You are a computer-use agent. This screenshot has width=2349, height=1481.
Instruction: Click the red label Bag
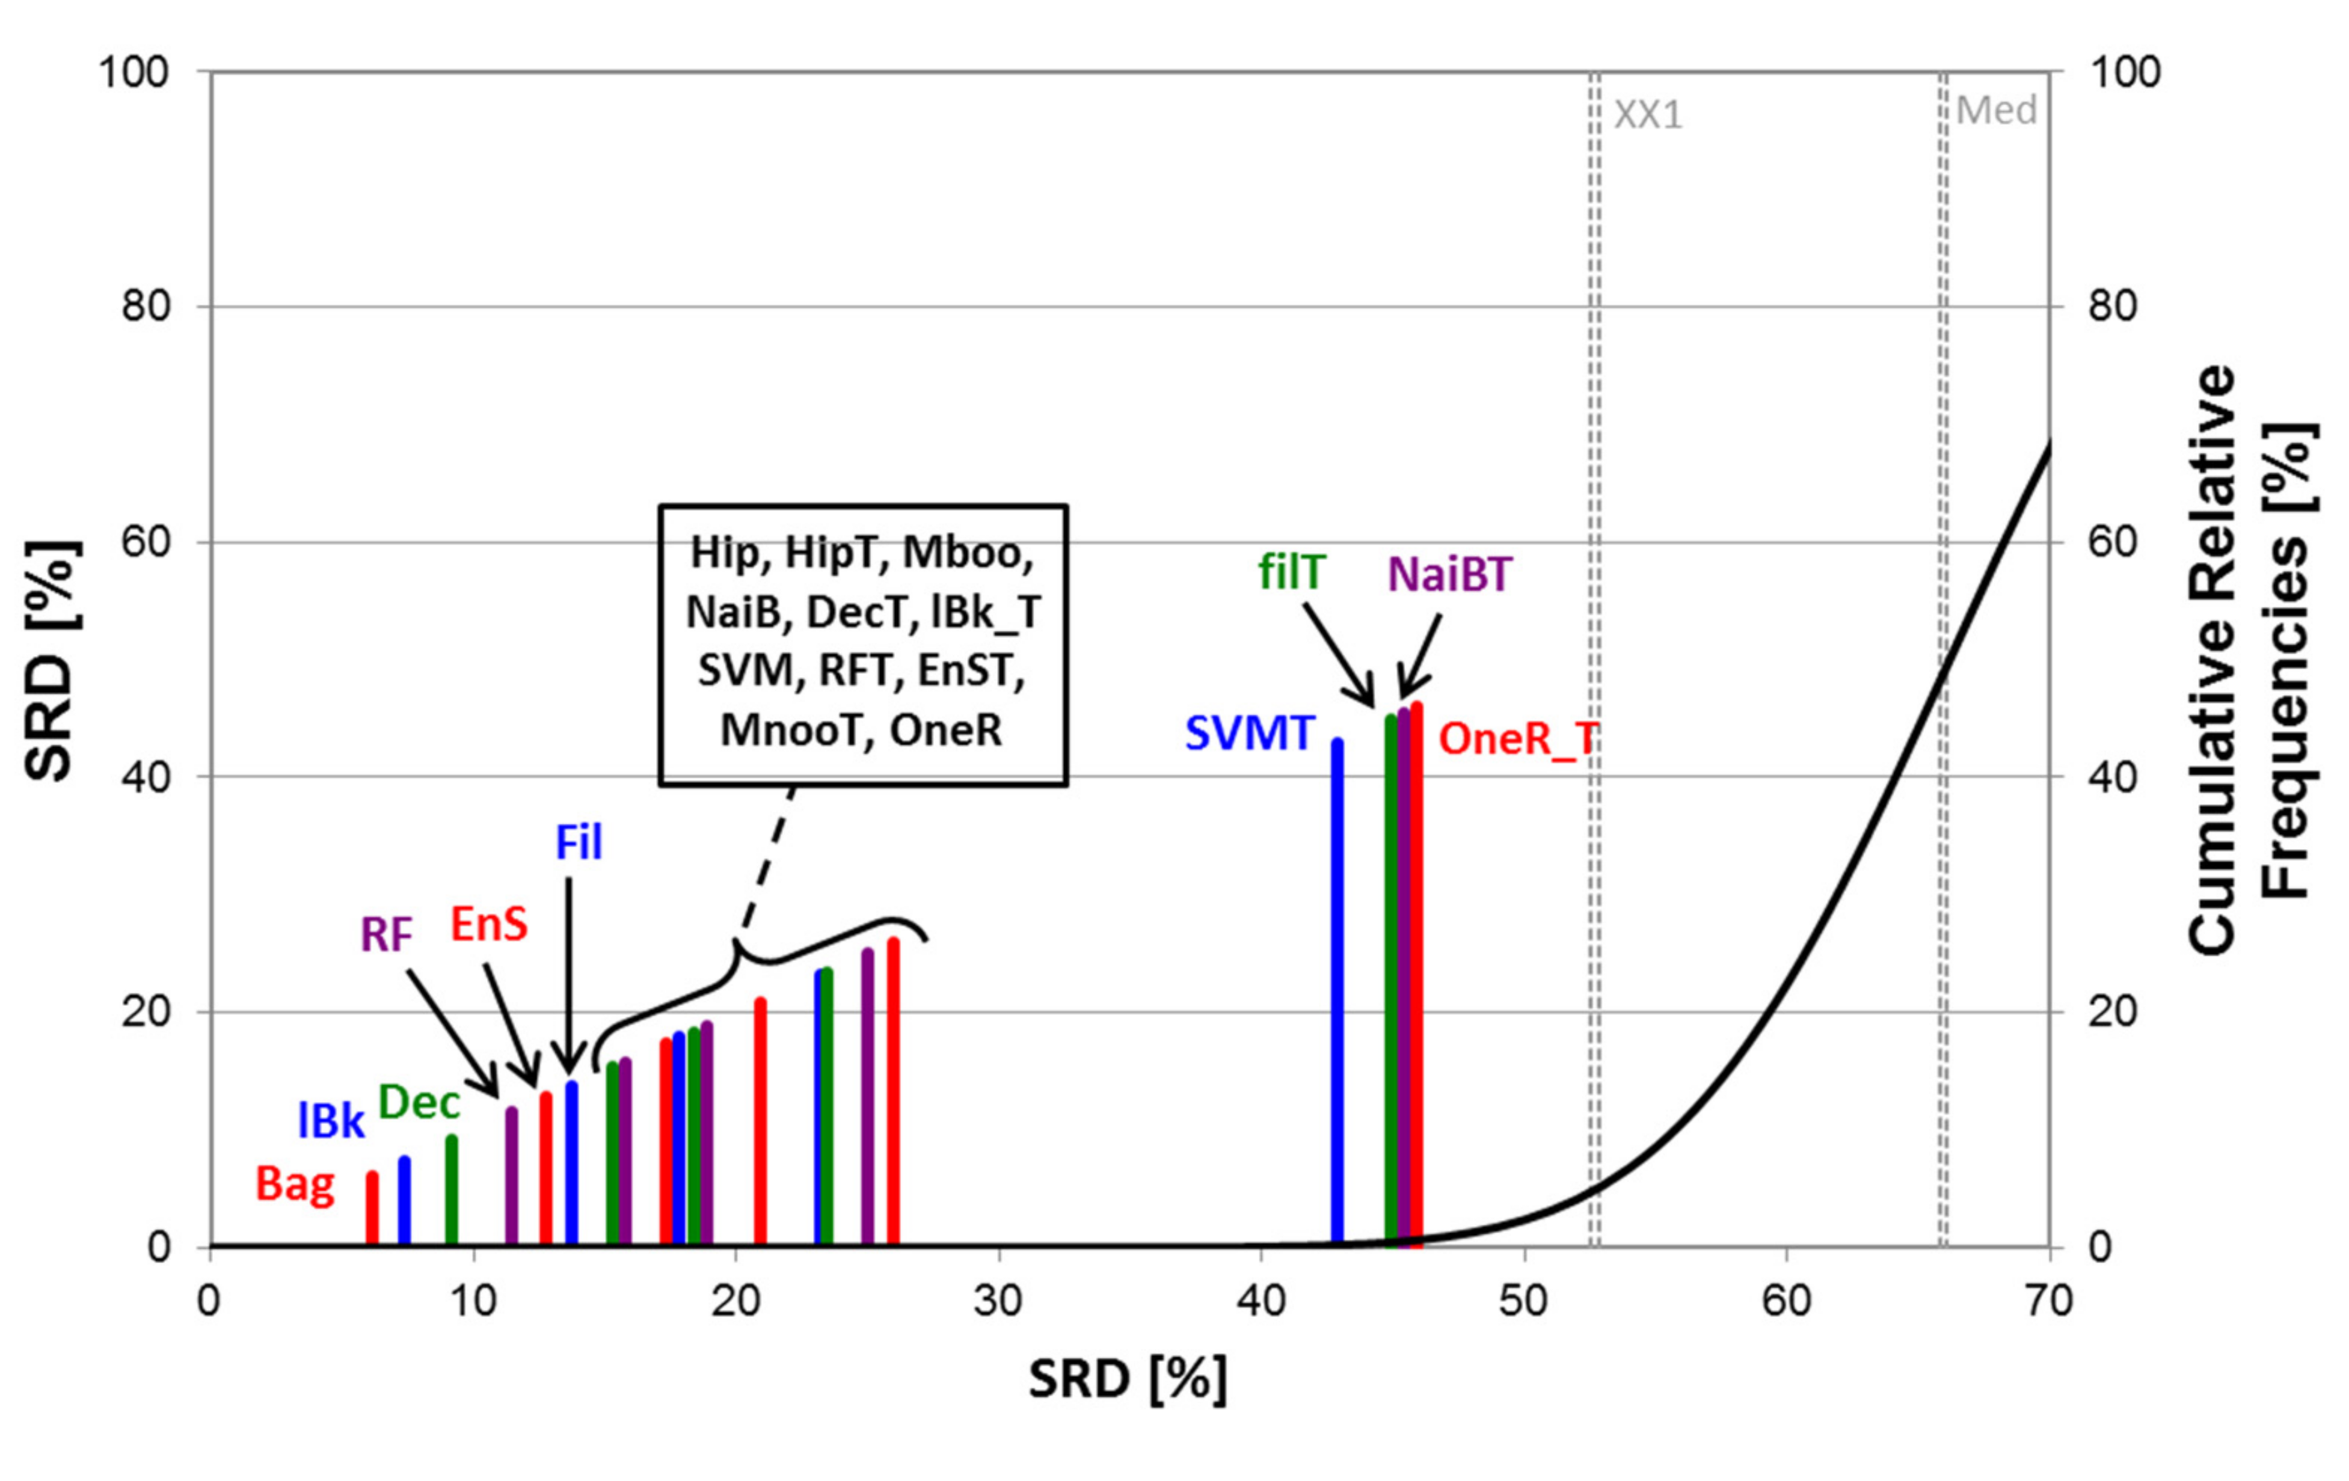tap(295, 1184)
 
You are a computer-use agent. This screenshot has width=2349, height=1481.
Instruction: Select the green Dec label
tap(419, 1103)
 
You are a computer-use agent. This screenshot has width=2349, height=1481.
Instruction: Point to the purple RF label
tap(387, 935)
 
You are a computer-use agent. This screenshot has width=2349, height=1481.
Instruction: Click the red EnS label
tap(489, 923)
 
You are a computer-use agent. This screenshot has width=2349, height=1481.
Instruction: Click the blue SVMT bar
tap(1337, 995)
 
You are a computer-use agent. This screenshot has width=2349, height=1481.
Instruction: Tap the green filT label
tap(1291, 571)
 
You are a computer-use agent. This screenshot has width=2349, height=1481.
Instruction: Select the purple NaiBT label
tap(1449, 574)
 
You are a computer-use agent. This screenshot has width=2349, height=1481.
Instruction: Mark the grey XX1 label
tap(1648, 115)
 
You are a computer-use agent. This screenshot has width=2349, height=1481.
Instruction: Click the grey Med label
tap(1996, 110)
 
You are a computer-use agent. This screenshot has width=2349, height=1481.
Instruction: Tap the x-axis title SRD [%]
tap(1128, 1379)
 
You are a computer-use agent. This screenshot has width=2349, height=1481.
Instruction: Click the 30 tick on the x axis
tap(998, 1301)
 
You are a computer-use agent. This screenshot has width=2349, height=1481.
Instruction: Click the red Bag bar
tap(372, 1209)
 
